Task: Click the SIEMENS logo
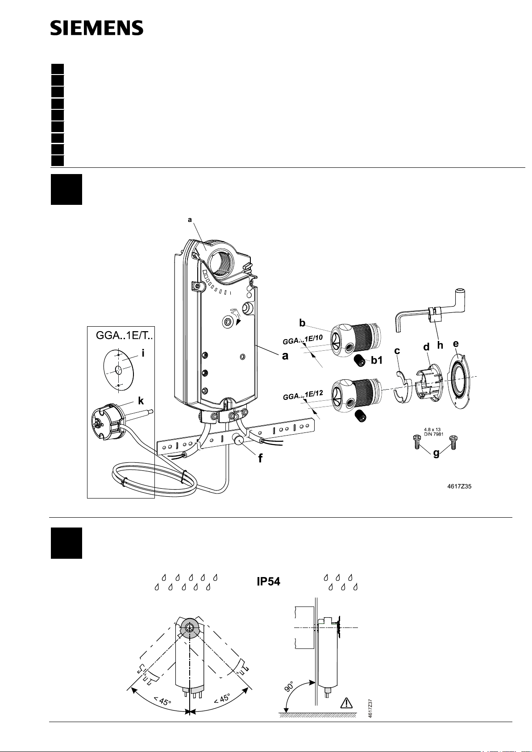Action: tap(97, 28)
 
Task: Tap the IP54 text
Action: tap(269, 582)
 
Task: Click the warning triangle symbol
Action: tap(346, 702)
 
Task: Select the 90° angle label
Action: tap(289, 686)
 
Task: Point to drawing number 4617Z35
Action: tap(459, 486)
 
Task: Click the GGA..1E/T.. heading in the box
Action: tap(124, 335)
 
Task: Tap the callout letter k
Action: tap(141, 401)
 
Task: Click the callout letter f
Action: tap(261, 458)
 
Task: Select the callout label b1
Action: tap(377, 360)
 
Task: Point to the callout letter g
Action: tap(436, 453)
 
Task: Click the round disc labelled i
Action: tap(119, 370)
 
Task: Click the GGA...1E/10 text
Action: tap(303, 340)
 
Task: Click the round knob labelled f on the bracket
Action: tap(239, 440)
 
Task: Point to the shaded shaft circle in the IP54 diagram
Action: tap(190, 627)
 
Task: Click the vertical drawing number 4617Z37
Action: tap(370, 708)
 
